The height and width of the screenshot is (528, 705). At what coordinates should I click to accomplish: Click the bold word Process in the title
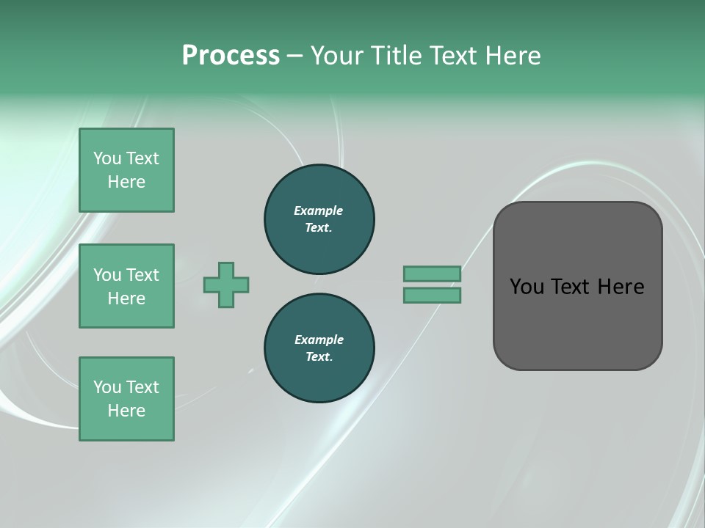231,56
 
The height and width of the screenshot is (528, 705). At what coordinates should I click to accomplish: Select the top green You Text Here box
126,170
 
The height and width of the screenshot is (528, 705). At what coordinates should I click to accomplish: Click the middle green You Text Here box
126,286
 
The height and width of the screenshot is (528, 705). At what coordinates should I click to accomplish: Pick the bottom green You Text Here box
126,399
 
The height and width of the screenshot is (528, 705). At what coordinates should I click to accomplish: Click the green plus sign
226,285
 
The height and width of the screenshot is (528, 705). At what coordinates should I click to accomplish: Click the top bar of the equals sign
432,274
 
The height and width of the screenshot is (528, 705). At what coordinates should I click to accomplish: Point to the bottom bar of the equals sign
432,295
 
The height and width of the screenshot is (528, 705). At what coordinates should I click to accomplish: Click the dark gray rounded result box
577,323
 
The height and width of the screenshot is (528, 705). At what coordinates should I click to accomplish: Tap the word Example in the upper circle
319,210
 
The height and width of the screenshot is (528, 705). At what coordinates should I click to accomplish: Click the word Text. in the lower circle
319,357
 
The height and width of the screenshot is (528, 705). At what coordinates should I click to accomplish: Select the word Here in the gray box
621,287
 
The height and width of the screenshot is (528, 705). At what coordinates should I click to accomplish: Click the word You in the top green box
106,158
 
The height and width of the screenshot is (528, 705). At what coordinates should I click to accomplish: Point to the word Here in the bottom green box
126,411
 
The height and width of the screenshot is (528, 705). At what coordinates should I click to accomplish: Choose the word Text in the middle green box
142,275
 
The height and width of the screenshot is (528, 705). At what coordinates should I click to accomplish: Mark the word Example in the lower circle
319,340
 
